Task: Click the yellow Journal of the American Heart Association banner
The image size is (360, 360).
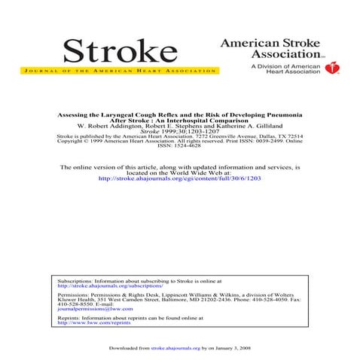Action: [x=120, y=72]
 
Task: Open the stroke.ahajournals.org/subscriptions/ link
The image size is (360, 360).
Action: [x=110, y=286]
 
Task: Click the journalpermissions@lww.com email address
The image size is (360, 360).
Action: [x=94, y=308]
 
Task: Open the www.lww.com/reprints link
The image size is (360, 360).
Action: [x=88, y=322]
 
